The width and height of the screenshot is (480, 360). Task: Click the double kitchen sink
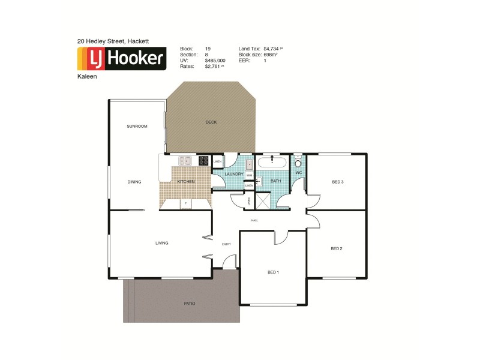[185, 160]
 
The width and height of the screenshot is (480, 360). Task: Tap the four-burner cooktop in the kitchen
[203, 160]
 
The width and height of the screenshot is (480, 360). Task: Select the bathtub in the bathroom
[273, 162]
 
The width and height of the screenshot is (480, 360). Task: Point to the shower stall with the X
[263, 200]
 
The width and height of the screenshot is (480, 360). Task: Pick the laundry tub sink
[248, 164]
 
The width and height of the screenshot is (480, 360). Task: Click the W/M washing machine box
[249, 176]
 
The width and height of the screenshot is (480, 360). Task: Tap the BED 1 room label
[273, 272]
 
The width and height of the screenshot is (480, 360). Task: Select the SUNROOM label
[137, 126]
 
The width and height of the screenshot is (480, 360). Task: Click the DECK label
[211, 122]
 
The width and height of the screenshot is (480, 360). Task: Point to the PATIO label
[189, 303]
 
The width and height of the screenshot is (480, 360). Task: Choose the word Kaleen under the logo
[87, 77]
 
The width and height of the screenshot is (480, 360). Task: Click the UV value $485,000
[215, 60]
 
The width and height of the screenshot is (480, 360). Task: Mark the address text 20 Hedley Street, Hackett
[113, 41]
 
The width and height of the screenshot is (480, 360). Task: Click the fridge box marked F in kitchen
[186, 203]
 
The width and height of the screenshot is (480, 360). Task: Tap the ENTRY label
[226, 244]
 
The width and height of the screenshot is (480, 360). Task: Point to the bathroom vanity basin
[260, 180]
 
